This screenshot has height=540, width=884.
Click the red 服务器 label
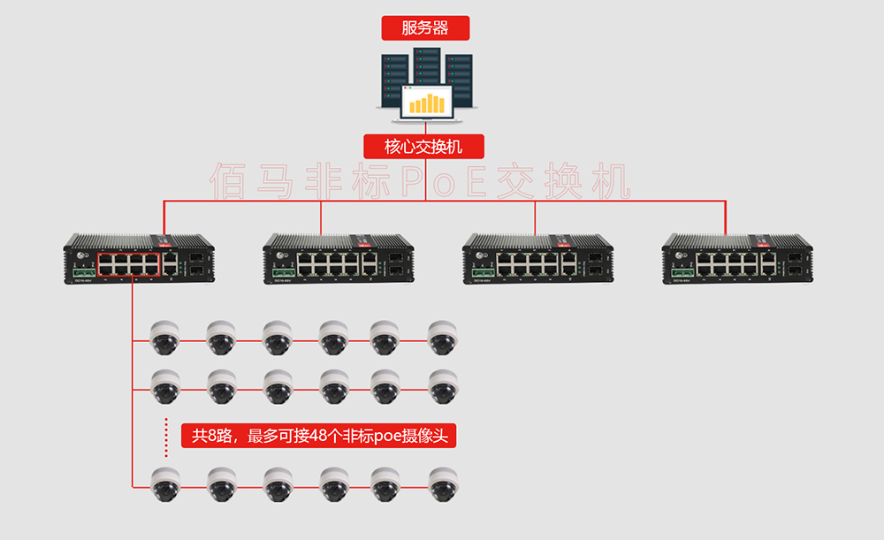click(425, 27)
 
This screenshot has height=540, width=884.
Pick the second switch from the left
click(339, 258)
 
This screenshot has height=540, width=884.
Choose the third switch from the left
click(538, 258)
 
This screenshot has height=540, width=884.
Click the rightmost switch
click(738, 258)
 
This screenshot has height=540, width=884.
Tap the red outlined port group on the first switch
click(129, 263)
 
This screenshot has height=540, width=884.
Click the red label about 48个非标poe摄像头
click(319, 436)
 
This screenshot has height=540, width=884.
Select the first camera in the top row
click(164, 337)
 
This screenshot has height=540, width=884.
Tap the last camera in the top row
click(442, 337)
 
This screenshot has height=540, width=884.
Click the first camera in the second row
click(164, 386)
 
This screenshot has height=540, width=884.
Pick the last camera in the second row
click(442, 386)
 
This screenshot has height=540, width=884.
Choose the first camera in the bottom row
click(164, 484)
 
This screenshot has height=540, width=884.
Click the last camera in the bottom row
click(442, 484)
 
